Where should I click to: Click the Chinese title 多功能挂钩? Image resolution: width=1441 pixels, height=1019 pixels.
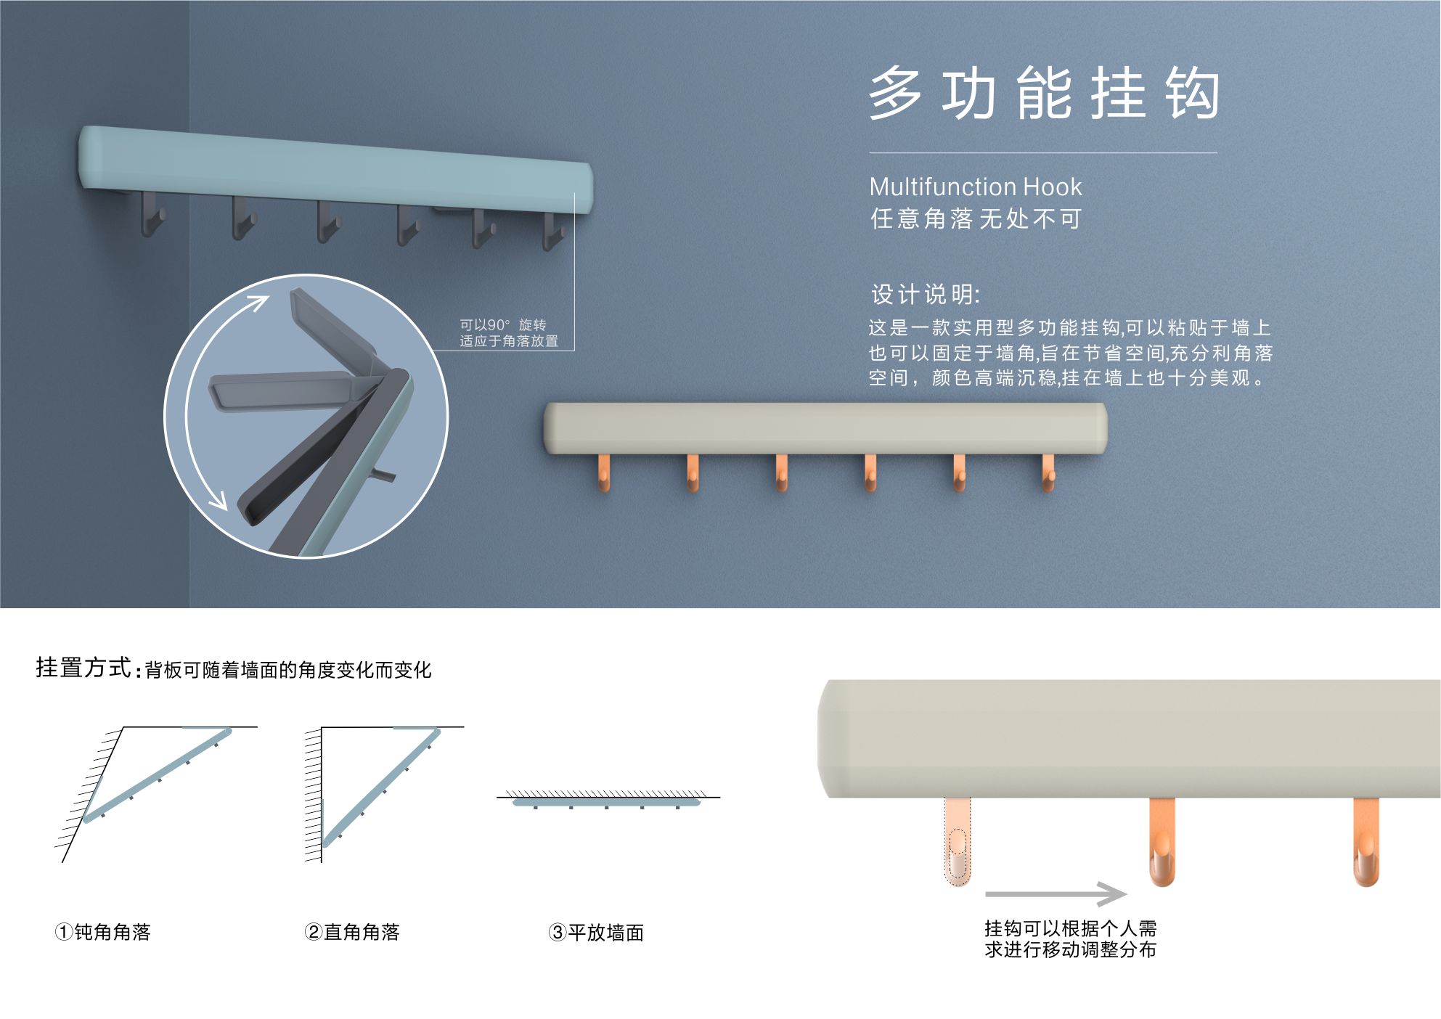tap(1043, 94)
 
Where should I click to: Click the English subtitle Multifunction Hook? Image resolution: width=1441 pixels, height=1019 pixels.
tap(975, 187)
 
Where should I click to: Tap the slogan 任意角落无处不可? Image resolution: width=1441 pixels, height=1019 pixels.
tap(976, 218)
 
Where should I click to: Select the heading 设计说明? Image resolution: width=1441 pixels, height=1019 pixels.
tap(926, 295)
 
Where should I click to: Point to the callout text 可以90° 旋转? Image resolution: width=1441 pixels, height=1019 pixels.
tap(502, 325)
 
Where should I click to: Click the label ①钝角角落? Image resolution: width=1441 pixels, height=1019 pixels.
tap(102, 932)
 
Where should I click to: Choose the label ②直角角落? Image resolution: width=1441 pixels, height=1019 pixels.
tap(352, 932)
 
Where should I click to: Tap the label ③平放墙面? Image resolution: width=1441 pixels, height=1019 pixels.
tap(596, 933)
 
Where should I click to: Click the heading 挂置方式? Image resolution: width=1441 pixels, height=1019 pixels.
tap(83, 667)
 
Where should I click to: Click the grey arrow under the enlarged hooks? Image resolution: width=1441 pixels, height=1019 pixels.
tap(1056, 895)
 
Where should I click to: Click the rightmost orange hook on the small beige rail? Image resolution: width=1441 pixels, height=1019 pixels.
tap(1048, 472)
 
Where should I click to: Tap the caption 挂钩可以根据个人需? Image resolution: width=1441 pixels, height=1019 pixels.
tap(1071, 928)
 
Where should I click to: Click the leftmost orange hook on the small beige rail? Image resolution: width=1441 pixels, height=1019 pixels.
tap(603, 472)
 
